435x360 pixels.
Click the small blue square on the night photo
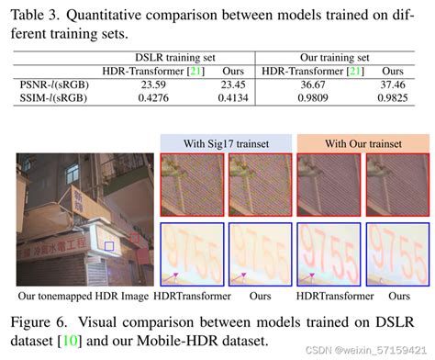click(x=110, y=246)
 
